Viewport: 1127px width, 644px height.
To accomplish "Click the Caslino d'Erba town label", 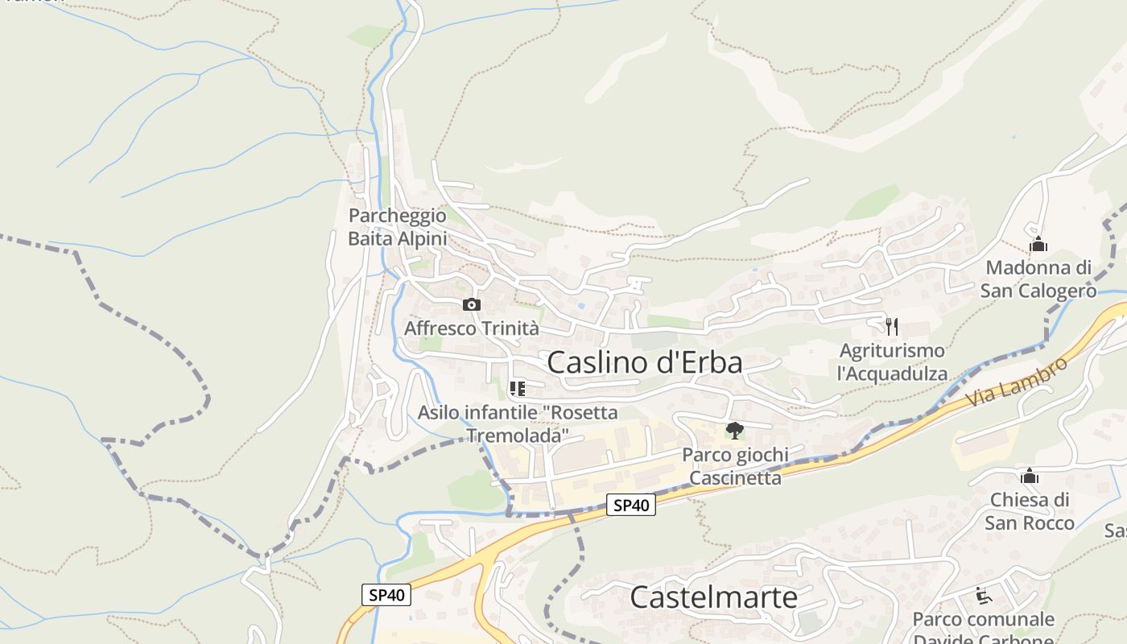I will [x=645, y=362].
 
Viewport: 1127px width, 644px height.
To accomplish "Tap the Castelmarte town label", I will [x=713, y=597].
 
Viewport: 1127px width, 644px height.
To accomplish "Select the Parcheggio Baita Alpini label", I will [x=397, y=227].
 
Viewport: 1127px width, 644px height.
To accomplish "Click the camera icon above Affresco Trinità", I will [x=472, y=304].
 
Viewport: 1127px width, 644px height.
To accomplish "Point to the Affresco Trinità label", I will [x=471, y=328].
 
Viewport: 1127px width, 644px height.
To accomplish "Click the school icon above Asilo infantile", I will [x=518, y=389].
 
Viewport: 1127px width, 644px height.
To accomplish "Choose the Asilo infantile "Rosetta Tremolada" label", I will [x=518, y=424].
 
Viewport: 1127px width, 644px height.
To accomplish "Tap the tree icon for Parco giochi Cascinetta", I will [x=734, y=431].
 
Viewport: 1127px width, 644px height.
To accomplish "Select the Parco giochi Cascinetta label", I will [x=735, y=466].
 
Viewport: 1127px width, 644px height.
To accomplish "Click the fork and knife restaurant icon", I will [x=891, y=326].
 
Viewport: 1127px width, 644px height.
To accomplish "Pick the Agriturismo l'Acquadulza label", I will [x=892, y=362].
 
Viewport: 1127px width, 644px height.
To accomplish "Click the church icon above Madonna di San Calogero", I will [x=1038, y=243].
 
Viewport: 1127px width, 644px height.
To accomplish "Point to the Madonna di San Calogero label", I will [x=1038, y=279].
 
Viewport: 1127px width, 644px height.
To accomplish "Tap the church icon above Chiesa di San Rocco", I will [x=1029, y=476].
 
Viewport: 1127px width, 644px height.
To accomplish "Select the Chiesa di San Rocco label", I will [x=1029, y=511].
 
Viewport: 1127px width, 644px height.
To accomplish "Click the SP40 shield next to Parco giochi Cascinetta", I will [x=630, y=505].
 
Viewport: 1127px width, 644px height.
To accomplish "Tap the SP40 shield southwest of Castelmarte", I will [x=386, y=595].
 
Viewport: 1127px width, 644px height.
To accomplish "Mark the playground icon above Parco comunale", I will [x=983, y=596].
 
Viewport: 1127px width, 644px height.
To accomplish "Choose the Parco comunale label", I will [x=983, y=620].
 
